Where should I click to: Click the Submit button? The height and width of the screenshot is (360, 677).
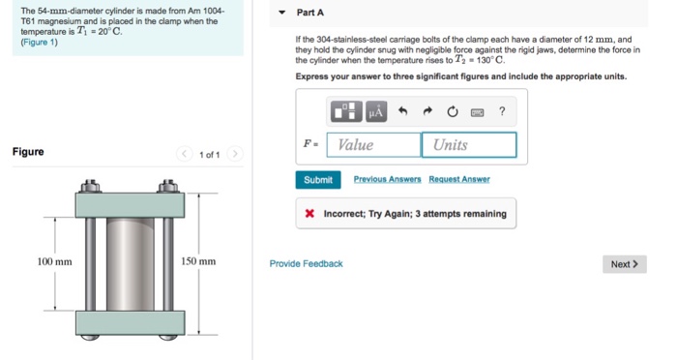(x=318, y=180)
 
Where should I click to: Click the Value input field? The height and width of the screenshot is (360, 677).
(x=374, y=145)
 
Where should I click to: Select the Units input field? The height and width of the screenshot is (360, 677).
(x=469, y=145)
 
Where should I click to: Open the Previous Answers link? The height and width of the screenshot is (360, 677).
(x=387, y=179)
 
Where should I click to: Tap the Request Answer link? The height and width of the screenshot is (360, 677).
(x=459, y=179)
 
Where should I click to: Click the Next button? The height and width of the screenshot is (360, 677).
(x=625, y=264)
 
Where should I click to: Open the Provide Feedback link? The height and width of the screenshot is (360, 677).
(x=307, y=263)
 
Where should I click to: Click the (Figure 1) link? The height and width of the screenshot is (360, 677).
(x=40, y=42)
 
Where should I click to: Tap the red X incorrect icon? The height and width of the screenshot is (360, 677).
(x=309, y=214)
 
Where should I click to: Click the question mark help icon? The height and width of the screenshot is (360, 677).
(x=502, y=111)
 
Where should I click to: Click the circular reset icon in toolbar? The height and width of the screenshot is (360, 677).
(x=452, y=112)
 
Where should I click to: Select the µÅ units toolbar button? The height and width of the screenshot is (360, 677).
(x=376, y=112)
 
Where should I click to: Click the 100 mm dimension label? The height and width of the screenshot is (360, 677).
(x=54, y=262)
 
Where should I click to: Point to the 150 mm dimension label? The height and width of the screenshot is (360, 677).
(x=198, y=261)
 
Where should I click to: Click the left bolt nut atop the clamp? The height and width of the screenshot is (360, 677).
(x=90, y=186)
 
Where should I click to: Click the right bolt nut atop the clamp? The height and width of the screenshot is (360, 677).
(x=168, y=186)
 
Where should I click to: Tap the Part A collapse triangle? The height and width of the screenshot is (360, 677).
(x=282, y=13)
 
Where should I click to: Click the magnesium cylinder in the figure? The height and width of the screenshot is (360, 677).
(x=130, y=264)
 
